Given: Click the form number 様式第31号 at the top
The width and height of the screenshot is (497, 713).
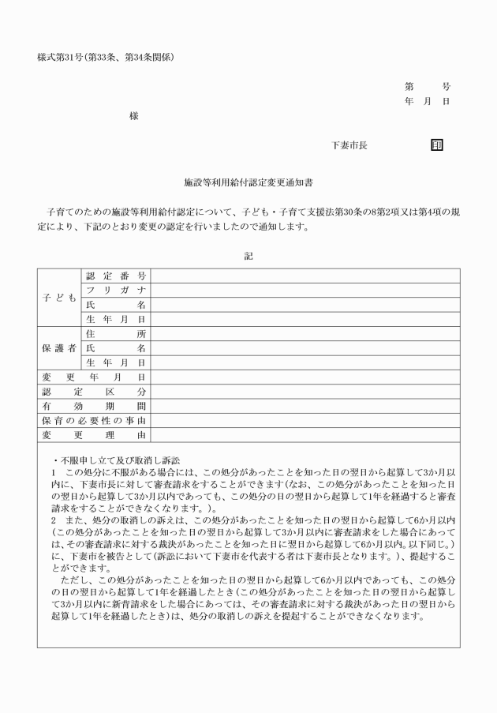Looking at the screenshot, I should click(106, 57).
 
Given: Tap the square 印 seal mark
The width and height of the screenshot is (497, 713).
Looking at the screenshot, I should click(437, 145).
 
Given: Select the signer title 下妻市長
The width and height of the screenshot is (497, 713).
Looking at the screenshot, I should click(349, 145).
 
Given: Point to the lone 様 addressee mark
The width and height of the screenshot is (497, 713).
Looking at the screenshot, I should click(134, 116).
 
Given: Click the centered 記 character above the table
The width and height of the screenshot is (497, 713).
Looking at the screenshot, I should click(248, 254).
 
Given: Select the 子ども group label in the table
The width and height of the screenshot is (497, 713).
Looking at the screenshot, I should click(59, 298).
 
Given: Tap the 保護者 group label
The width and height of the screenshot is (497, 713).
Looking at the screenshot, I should click(59, 348).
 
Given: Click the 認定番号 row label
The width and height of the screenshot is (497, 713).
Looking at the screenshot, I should click(115, 276).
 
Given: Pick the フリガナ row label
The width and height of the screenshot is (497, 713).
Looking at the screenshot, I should click(115, 291).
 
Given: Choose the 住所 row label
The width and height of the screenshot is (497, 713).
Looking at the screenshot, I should click(115, 334).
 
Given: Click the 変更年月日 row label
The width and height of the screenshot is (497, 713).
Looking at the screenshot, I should click(93, 377).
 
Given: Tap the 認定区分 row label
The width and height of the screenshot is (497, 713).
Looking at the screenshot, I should click(93, 392).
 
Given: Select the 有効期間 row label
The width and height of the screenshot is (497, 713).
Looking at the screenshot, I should click(93, 406).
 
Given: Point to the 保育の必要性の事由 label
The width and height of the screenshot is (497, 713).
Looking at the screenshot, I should click(93, 420).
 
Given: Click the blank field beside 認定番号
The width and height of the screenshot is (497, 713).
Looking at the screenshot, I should click(305, 276).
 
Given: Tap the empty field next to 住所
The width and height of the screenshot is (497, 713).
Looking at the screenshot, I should click(305, 334).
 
